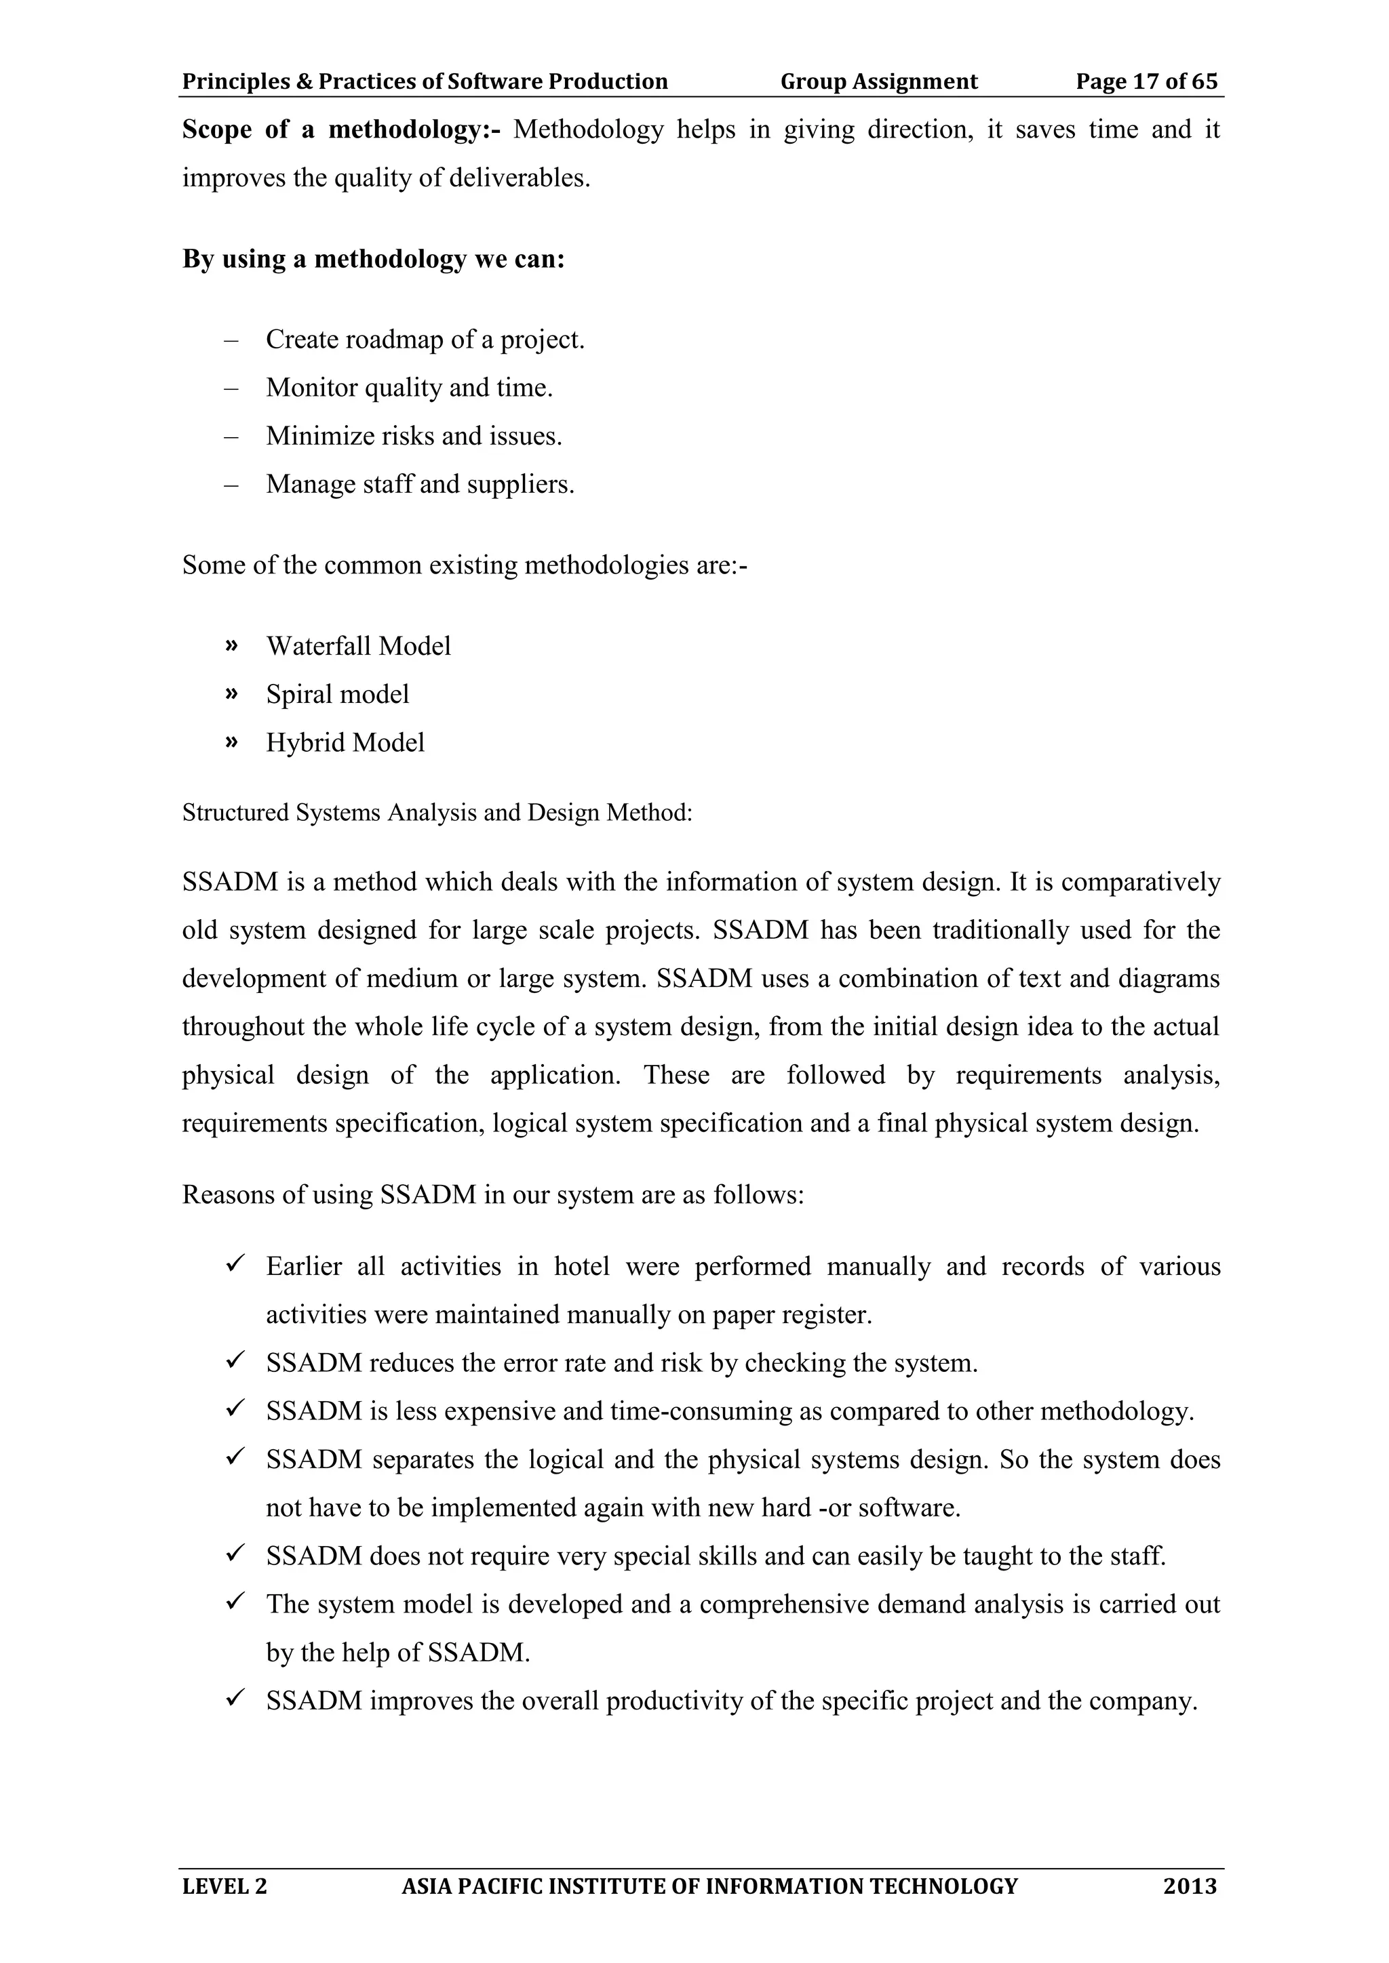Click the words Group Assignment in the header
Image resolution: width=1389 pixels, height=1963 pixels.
click(878, 81)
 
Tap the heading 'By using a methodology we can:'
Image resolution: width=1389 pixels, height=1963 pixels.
click(373, 258)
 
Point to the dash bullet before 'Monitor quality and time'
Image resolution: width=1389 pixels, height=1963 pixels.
click(230, 388)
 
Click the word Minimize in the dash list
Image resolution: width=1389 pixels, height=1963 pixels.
click(308, 436)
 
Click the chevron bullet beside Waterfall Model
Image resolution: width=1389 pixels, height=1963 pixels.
click(230, 645)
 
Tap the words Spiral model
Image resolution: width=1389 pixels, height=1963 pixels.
click(337, 693)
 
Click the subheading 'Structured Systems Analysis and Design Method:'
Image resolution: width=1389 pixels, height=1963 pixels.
click(436, 812)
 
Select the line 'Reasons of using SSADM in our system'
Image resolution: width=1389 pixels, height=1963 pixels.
click(492, 1194)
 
